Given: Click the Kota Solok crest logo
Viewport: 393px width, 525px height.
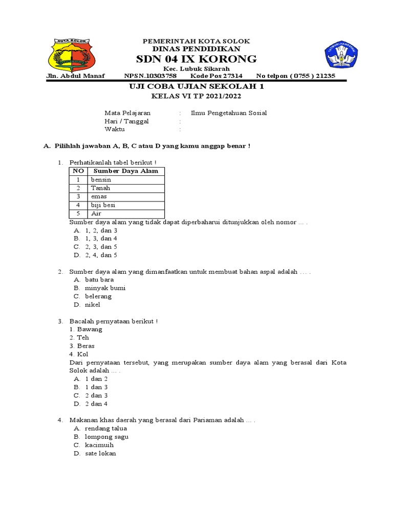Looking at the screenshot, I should pos(71,55).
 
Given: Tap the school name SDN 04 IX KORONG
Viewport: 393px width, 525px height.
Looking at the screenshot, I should pos(196,59).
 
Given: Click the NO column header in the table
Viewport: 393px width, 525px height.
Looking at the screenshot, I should pos(78,171).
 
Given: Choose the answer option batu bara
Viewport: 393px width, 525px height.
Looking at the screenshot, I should pos(99,279).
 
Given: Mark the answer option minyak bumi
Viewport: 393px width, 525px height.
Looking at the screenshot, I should pos(105,288).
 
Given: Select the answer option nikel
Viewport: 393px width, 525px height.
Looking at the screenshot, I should pos(93,305).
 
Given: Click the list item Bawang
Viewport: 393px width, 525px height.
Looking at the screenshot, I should pos(90,329).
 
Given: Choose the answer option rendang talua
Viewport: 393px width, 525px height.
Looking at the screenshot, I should pos(106,429).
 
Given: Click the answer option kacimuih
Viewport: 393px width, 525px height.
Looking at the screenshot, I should pos(99,445).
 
